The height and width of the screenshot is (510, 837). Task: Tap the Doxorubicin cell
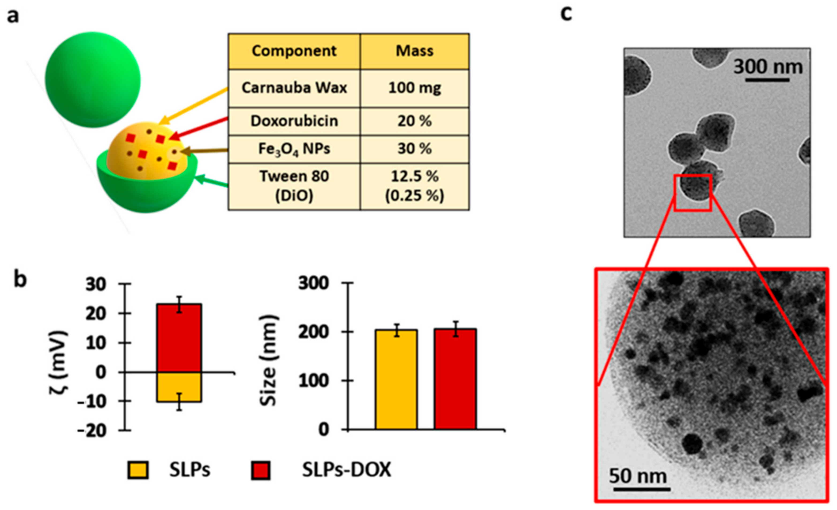point(294,121)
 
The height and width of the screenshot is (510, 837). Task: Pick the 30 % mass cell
point(415,149)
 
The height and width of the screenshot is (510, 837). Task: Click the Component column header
point(294,51)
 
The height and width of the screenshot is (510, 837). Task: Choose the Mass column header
point(415,51)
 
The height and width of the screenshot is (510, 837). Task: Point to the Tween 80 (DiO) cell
point(294,186)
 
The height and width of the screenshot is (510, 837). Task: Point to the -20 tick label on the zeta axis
point(92,431)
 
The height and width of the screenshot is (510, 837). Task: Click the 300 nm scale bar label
point(768,67)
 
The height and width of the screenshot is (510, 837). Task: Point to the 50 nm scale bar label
point(638,476)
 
